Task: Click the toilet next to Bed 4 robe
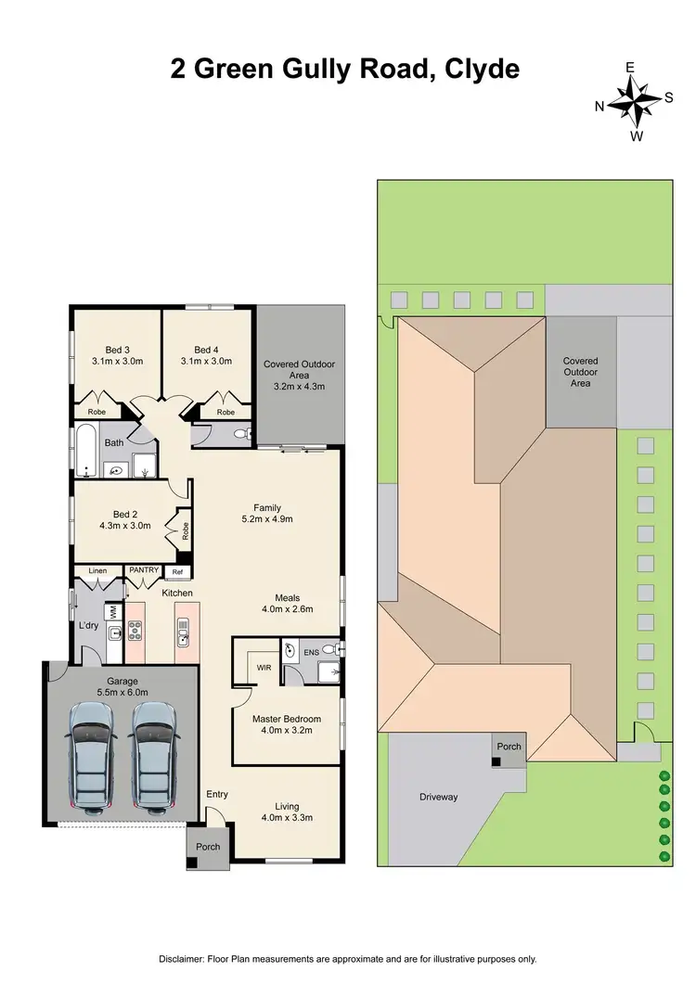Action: (239, 433)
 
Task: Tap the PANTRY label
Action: (144, 570)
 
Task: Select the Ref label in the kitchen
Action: (178, 571)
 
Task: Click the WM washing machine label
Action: (113, 612)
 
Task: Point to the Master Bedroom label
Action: (287, 720)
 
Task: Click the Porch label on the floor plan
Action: (208, 846)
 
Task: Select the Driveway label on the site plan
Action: (439, 797)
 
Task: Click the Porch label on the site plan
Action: (509, 747)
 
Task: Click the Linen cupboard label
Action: (98, 570)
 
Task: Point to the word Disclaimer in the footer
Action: (185, 959)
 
